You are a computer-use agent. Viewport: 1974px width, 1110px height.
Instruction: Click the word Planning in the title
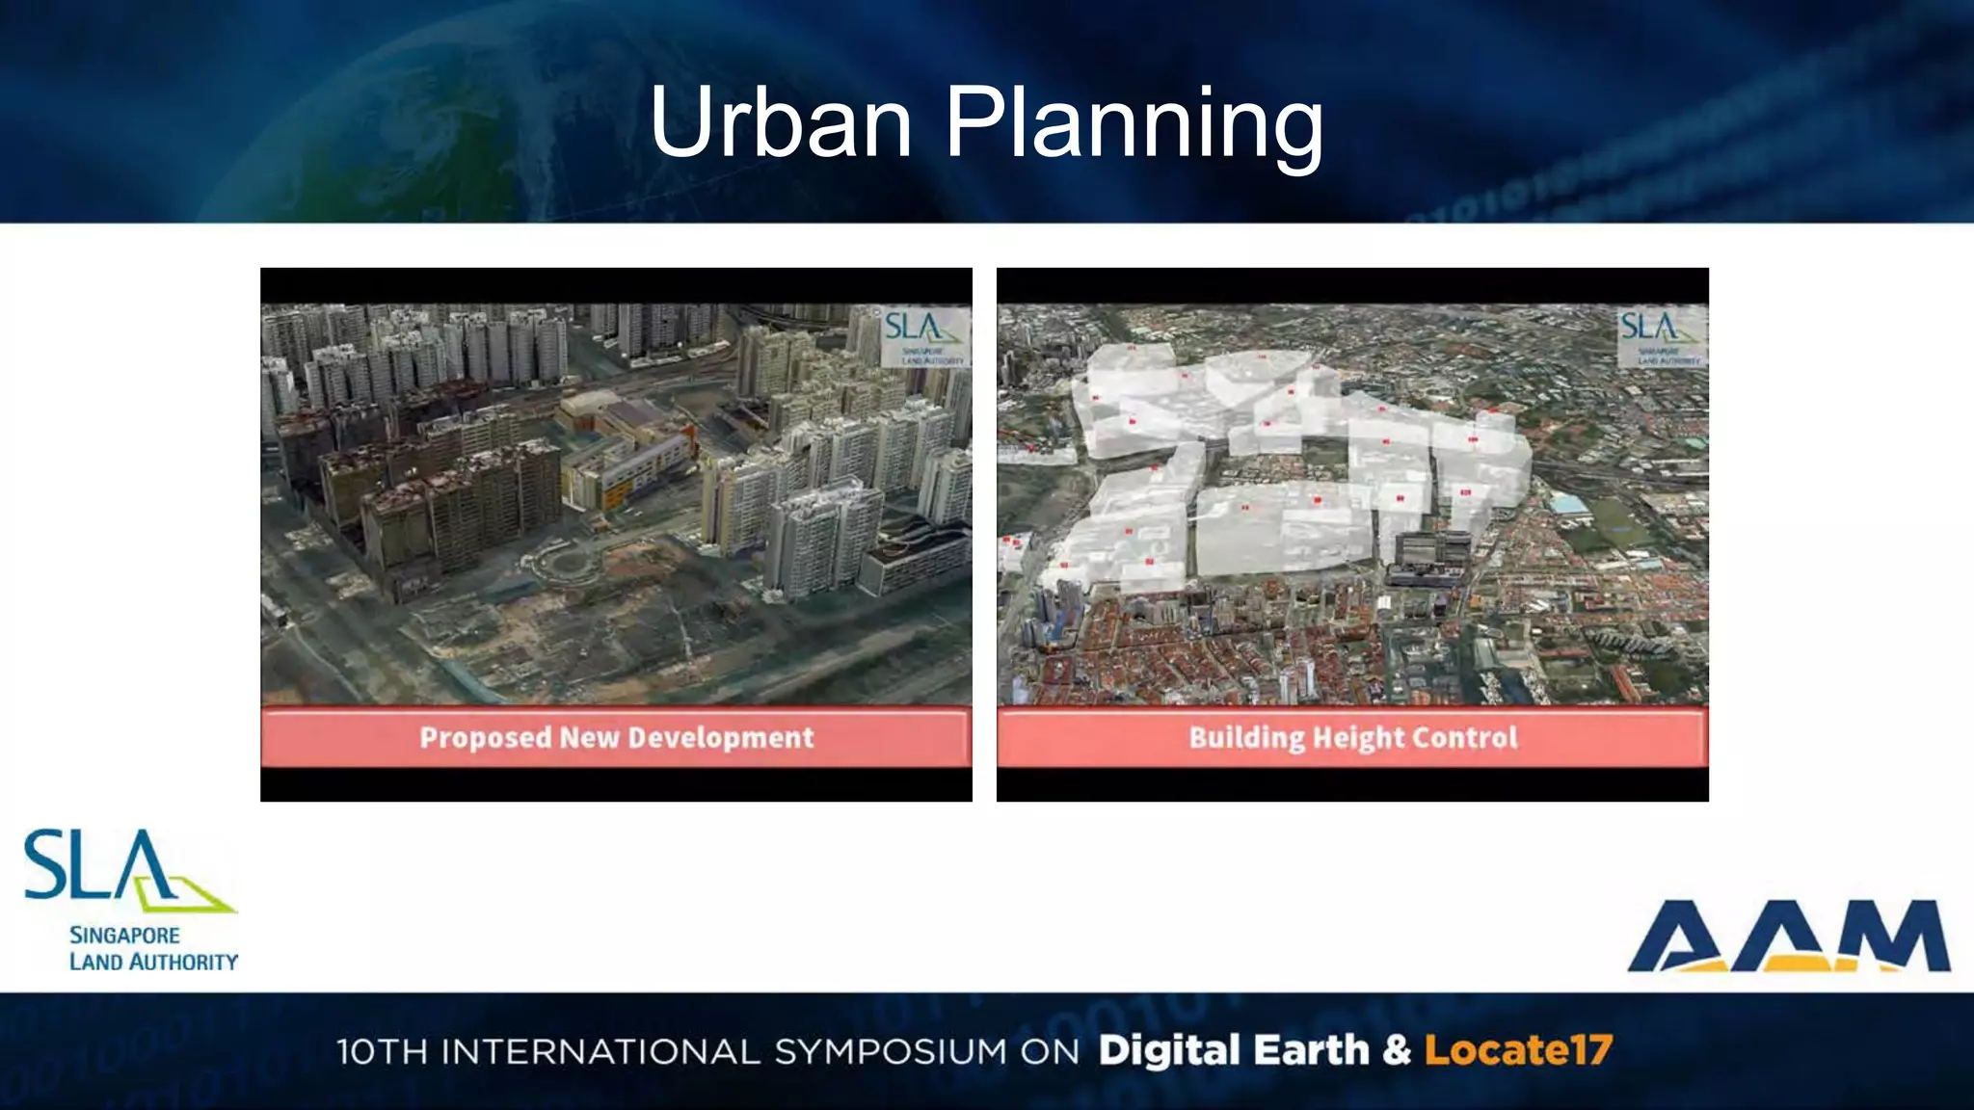(x=1134, y=125)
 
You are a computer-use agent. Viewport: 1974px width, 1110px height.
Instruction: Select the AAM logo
(x=1789, y=936)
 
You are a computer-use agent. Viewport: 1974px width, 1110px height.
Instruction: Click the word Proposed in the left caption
(x=485, y=738)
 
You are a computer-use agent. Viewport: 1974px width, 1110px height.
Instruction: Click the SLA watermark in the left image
(x=924, y=335)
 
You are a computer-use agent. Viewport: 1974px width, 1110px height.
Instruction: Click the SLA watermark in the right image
(x=1660, y=335)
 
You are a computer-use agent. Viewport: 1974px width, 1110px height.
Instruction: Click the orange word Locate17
(x=1518, y=1050)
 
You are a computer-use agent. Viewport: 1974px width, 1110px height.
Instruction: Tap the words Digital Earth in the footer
(x=1234, y=1050)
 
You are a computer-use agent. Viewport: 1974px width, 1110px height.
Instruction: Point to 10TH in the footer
(x=382, y=1051)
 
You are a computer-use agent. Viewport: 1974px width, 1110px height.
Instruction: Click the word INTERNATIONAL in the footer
(x=600, y=1051)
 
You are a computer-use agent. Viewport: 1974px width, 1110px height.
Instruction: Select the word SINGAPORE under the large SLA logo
(x=124, y=936)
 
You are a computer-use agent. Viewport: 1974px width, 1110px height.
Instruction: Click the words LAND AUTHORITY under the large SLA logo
(x=153, y=962)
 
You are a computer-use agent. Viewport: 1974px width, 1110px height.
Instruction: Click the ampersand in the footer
(x=1397, y=1050)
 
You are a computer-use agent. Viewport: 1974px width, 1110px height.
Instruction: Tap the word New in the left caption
(x=589, y=738)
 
